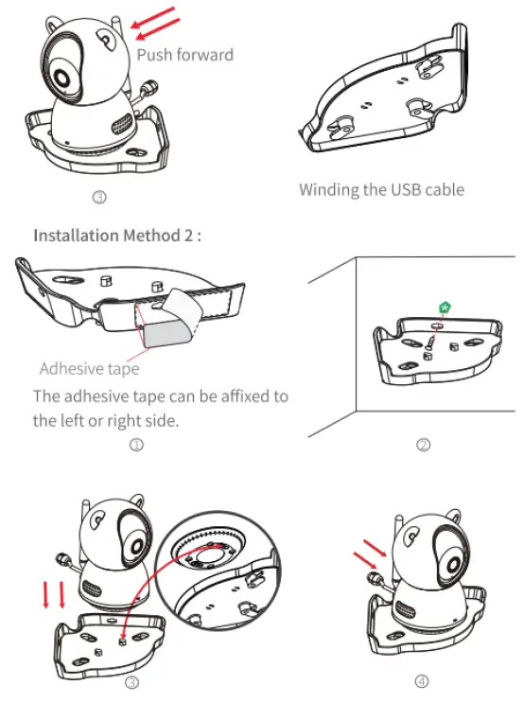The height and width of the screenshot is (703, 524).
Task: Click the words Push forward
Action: [184, 55]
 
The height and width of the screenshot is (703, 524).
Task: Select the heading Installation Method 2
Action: [117, 236]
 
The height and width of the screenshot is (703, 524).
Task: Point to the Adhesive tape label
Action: [89, 369]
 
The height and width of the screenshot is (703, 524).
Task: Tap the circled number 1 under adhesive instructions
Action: [136, 445]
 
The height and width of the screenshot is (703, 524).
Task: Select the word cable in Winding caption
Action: [444, 189]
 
